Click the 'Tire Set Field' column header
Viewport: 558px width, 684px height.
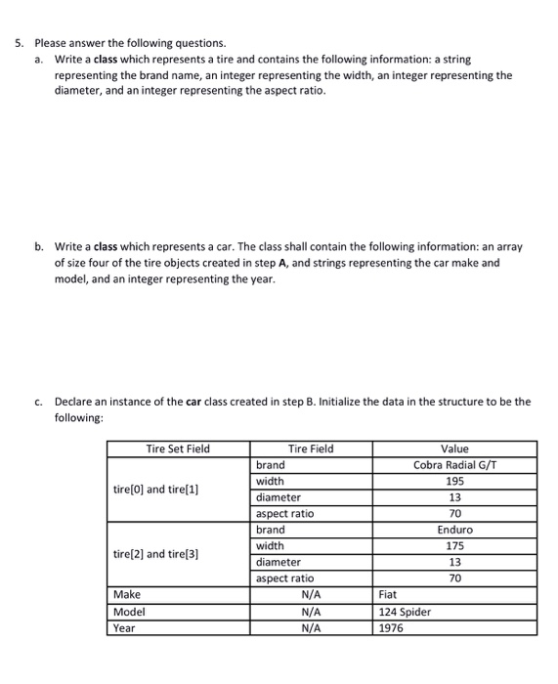coord(178,449)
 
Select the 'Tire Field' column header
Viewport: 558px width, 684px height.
coord(311,449)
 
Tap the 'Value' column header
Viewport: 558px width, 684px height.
coord(454,449)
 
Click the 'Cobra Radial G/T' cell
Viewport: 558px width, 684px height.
coord(454,465)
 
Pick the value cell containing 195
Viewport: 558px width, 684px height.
coord(454,481)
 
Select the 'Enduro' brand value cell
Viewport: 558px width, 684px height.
coord(454,530)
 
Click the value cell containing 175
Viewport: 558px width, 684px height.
coord(454,546)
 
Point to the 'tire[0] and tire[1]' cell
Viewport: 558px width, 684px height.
coord(156,489)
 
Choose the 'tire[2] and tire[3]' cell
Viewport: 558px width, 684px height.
coord(156,554)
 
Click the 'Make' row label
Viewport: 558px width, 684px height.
coord(127,594)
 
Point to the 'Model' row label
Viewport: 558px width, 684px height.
coord(129,612)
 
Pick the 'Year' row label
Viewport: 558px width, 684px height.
coord(125,628)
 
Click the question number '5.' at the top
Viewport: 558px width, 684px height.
coord(19,43)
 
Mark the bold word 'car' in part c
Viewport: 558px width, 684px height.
coord(194,402)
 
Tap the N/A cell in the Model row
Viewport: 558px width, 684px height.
coord(311,612)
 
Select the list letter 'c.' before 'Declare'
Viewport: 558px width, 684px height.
coord(38,402)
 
